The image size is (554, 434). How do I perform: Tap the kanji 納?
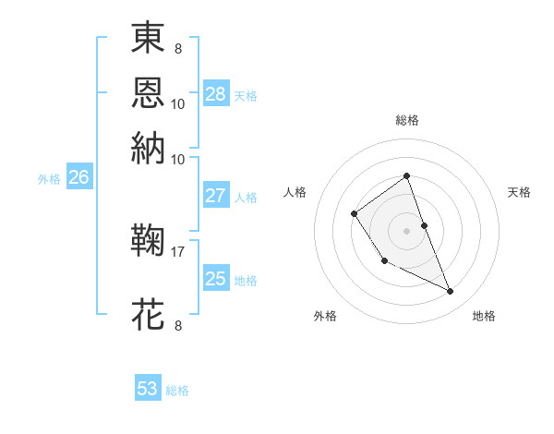[149, 147]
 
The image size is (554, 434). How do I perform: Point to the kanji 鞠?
[149, 242]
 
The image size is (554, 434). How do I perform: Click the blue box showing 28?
[216, 94]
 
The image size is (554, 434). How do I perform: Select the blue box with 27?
[216, 196]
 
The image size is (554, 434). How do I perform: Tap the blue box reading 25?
[216, 278]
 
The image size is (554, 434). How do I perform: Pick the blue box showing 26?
[78, 178]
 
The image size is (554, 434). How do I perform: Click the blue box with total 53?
[148, 389]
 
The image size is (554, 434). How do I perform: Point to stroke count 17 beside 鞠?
[177, 250]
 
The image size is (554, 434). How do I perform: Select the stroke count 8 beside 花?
[177, 324]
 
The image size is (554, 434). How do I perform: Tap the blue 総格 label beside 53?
[177, 391]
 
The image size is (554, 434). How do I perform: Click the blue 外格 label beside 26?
[49, 179]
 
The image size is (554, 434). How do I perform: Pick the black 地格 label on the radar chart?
[484, 317]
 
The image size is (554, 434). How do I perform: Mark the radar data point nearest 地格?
[451, 292]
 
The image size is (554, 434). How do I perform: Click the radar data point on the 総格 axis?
[406, 175]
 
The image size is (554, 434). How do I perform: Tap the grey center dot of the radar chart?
[406, 230]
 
